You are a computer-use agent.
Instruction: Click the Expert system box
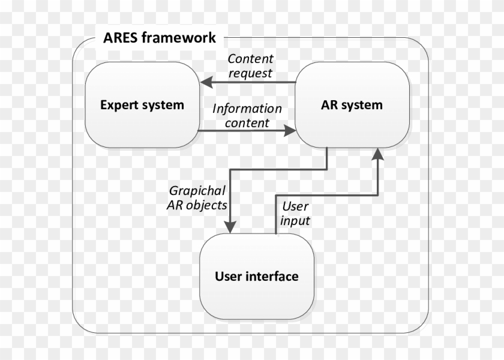tap(142, 105)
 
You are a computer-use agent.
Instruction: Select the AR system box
tap(352, 105)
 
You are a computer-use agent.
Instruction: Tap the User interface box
tap(256, 277)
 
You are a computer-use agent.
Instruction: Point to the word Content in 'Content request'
tap(250, 59)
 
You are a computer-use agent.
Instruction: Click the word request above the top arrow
tap(250, 73)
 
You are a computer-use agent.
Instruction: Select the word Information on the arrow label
tap(247, 109)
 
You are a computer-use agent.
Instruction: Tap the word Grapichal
tap(197, 191)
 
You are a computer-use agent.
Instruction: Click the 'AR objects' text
tap(197, 205)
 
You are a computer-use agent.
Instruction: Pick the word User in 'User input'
tap(295, 206)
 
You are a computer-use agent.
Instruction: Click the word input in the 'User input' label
tap(295, 221)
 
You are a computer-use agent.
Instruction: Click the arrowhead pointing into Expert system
tap(206, 82)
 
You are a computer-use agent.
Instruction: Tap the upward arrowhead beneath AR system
tap(377, 154)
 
